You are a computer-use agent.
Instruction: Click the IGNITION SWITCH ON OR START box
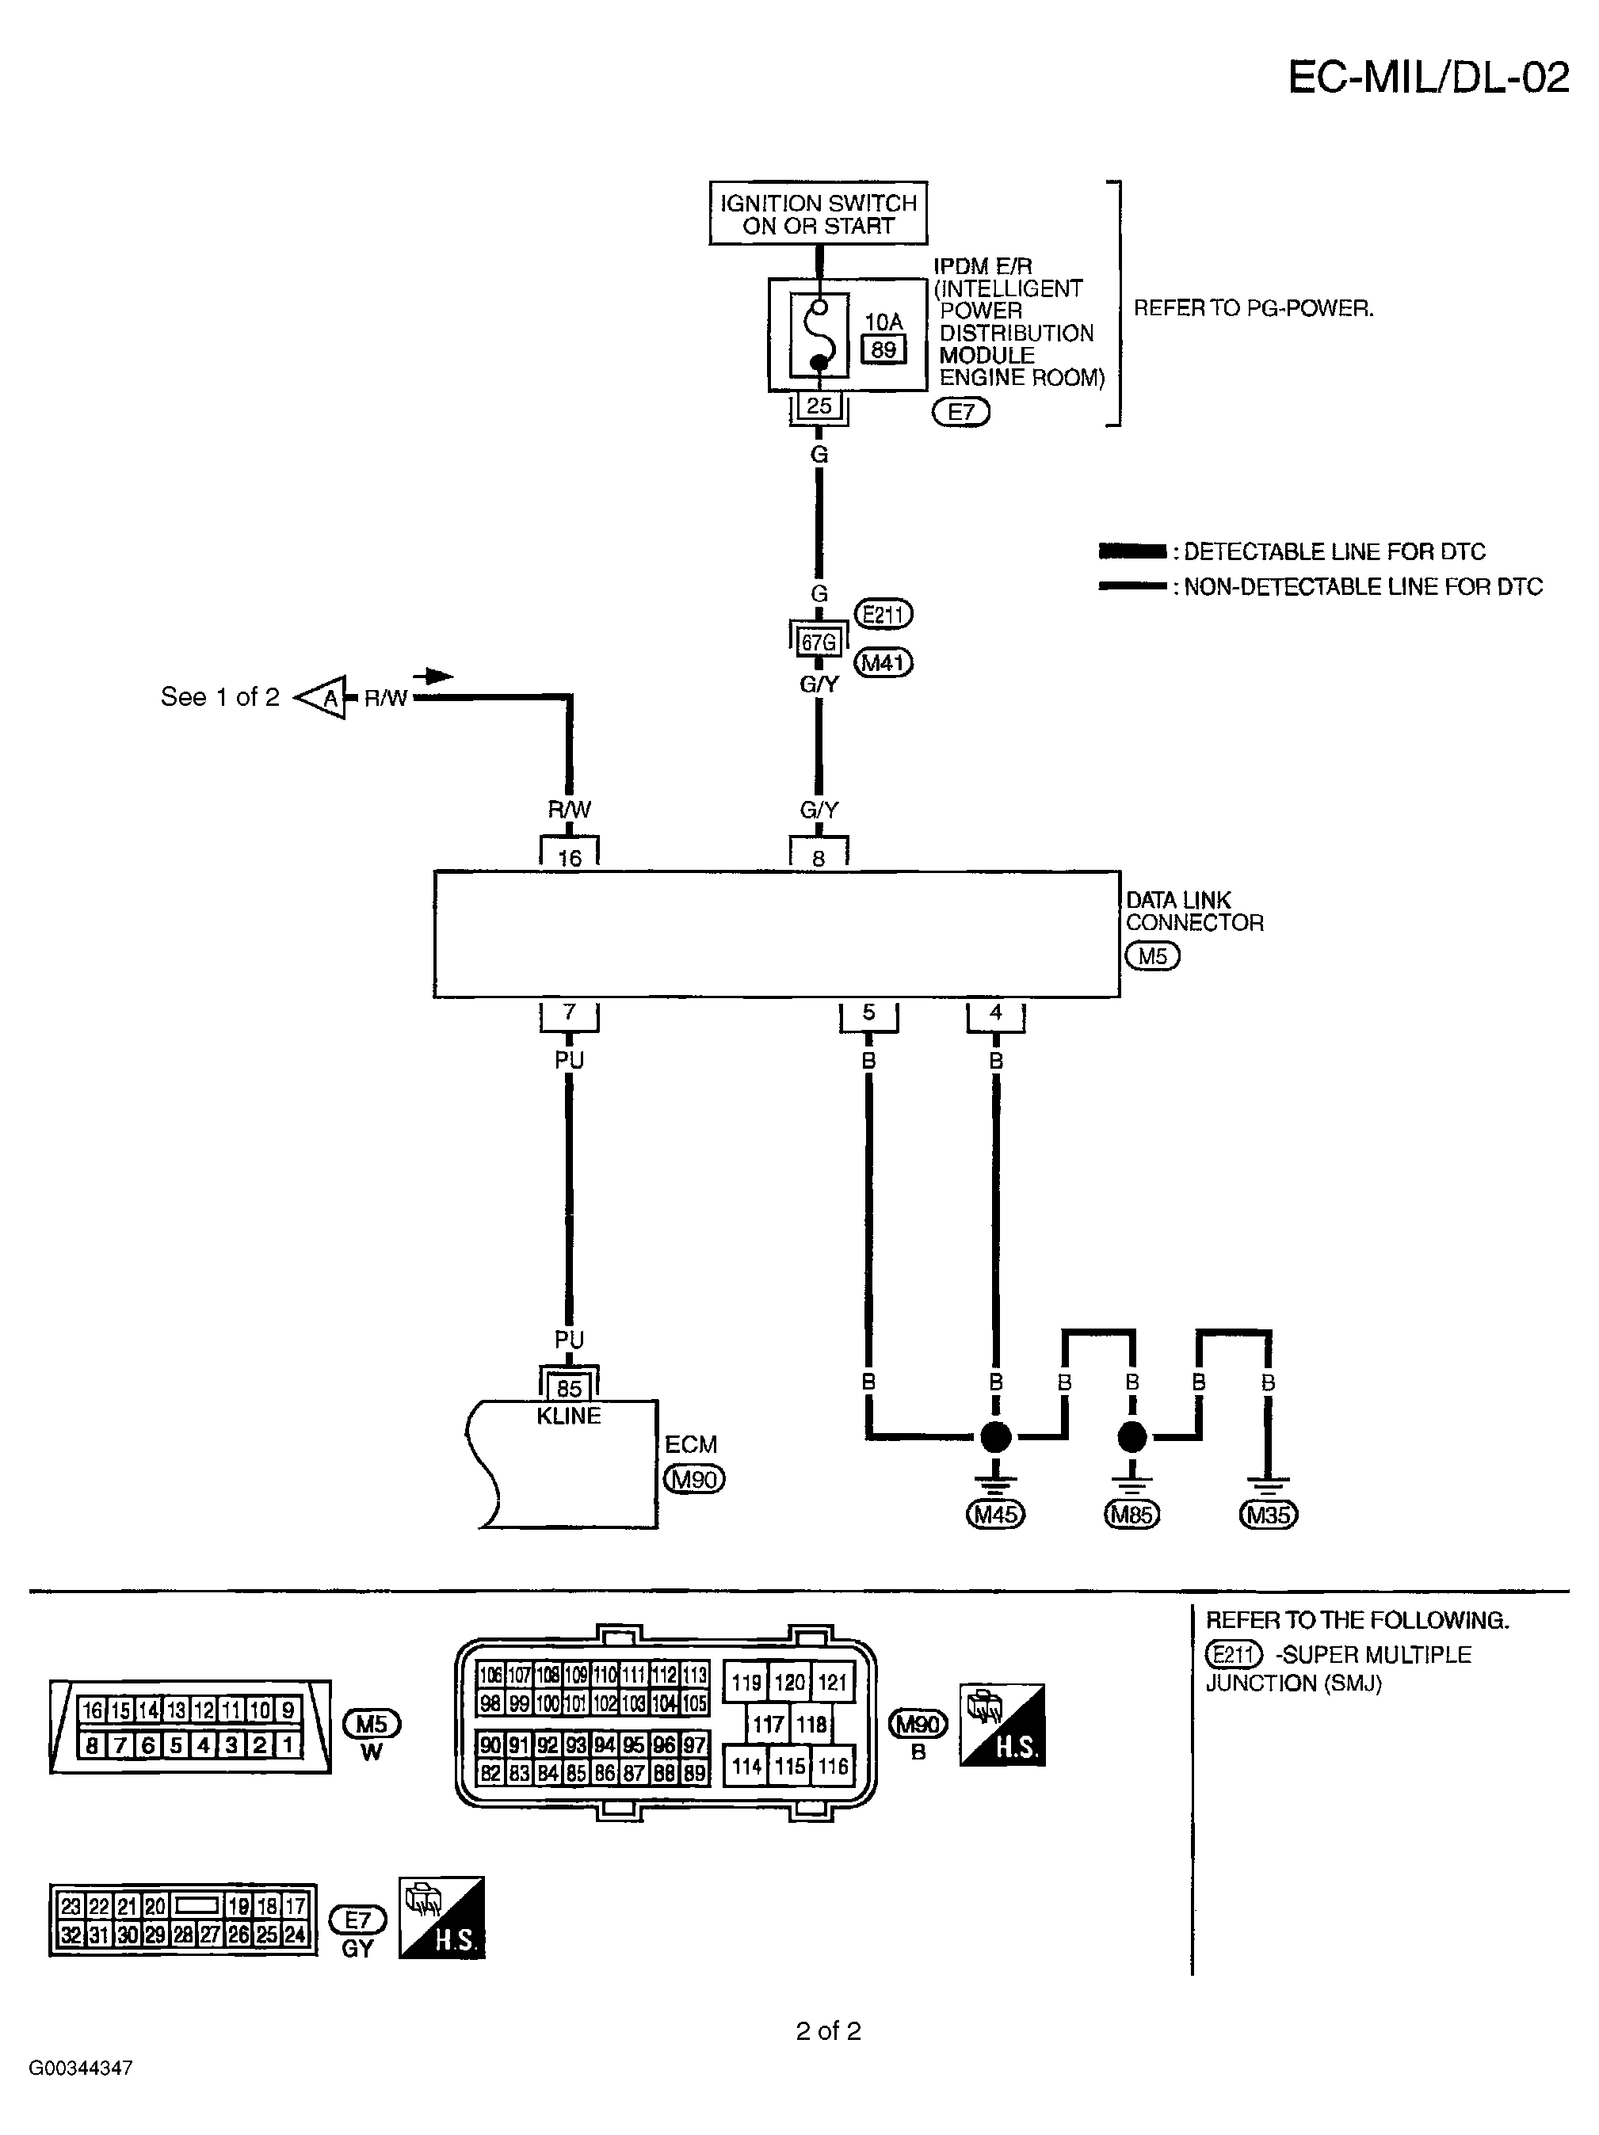pos(817,213)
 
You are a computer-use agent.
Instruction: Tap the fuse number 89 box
pos(883,349)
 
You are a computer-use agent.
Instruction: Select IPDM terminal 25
pos(818,406)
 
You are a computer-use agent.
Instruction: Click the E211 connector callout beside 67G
pos(883,614)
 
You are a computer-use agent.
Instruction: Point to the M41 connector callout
pos(883,663)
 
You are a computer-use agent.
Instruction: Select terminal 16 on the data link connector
pos(569,857)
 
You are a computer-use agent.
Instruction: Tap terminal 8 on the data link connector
pos(818,857)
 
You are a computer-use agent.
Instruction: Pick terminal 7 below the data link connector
pos(569,1012)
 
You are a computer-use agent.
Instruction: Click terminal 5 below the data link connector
pos(868,1012)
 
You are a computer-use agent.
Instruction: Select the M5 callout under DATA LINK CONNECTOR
pos(1152,956)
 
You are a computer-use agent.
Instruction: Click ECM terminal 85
pos(569,1388)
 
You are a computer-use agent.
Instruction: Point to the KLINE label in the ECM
pos(569,1416)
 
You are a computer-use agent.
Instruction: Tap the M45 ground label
pos(995,1515)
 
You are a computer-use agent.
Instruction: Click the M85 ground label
pos(1131,1515)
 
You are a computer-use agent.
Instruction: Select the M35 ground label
pos(1267,1515)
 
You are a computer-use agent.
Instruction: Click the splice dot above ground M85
pos(1132,1437)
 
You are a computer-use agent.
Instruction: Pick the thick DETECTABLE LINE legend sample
pos(1132,552)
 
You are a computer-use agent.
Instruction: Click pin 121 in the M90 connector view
pos(831,1683)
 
